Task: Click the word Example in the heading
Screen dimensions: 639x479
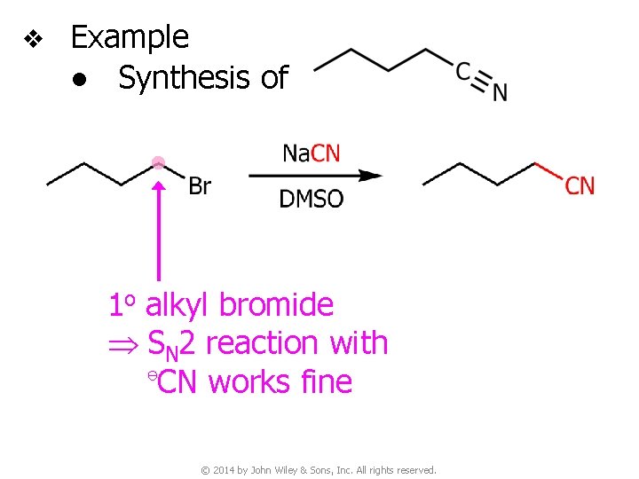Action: pyautogui.click(x=130, y=37)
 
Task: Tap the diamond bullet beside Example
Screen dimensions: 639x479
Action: pyautogui.click(x=33, y=39)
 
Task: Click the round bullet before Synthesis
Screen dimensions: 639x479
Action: pyautogui.click(x=81, y=80)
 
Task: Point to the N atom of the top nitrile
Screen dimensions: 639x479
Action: pyautogui.click(x=500, y=91)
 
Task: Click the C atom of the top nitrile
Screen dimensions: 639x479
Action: pyautogui.click(x=463, y=70)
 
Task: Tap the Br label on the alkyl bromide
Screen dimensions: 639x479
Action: pyautogui.click(x=200, y=186)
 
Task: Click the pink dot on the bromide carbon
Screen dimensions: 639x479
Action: pyautogui.click(x=158, y=161)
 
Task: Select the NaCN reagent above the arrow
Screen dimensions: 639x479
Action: pyautogui.click(x=311, y=153)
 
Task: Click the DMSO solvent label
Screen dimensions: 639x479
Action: pyautogui.click(x=311, y=199)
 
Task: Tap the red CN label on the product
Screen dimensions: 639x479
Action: pyautogui.click(x=580, y=186)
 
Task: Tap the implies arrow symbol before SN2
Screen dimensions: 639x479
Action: pyautogui.click(x=125, y=343)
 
